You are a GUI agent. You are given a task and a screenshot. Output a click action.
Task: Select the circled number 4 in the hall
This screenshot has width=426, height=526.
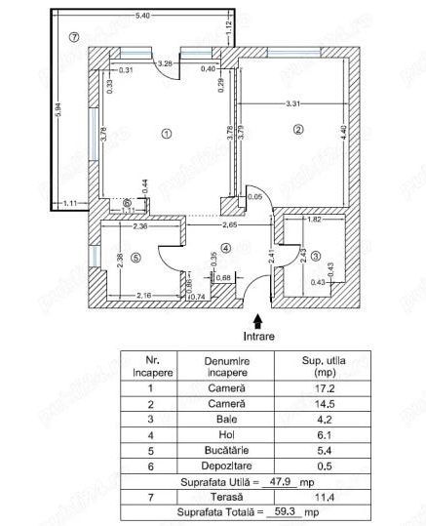(x=226, y=248)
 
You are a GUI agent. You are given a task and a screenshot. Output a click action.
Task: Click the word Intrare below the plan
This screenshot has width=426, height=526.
(x=257, y=335)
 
